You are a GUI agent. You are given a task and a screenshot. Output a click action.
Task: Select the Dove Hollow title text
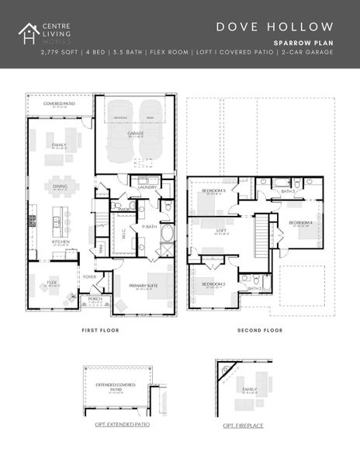tap(275, 27)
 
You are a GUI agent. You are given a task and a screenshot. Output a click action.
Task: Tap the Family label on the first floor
tap(59, 144)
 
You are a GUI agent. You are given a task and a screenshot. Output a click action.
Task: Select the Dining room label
tap(60, 186)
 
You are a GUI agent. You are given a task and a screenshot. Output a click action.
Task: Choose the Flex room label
tap(53, 283)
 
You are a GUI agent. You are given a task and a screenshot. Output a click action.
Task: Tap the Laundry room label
tap(147, 186)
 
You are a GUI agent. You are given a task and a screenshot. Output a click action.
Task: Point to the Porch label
tap(95, 298)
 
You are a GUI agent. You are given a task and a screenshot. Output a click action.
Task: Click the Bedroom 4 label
tap(299, 223)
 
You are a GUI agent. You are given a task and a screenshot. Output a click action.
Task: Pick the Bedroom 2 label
tap(213, 284)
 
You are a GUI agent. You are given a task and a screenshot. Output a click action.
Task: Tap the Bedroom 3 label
tap(213, 190)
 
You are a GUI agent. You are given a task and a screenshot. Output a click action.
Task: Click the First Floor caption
tap(100, 330)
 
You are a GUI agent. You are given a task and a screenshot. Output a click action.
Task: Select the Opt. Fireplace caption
tap(240, 426)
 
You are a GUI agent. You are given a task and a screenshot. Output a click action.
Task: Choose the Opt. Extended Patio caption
tap(117, 424)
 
